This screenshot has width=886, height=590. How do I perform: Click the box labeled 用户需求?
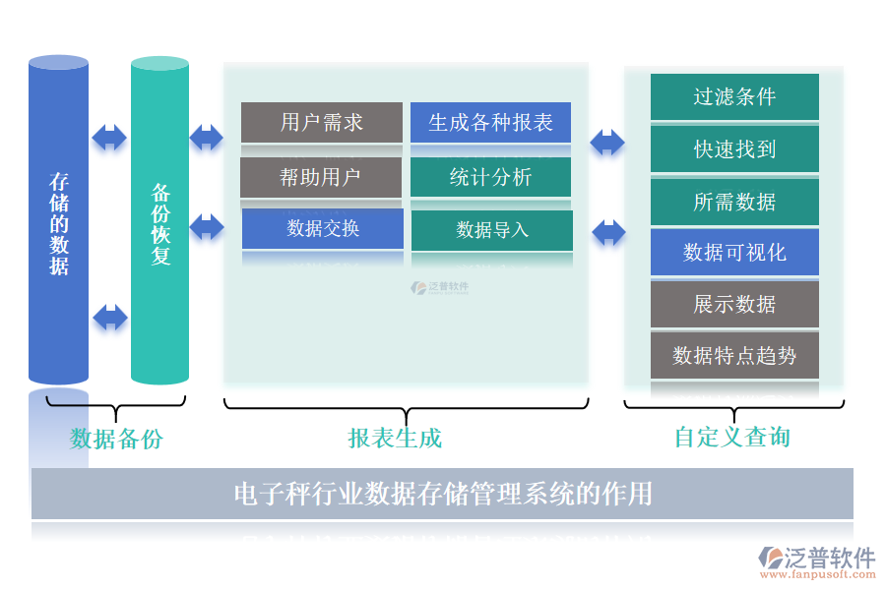(x=321, y=122)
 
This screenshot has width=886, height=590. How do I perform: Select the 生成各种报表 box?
(x=490, y=122)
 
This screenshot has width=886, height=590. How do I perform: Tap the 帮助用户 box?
(x=321, y=177)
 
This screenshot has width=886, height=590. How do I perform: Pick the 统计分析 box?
(x=490, y=177)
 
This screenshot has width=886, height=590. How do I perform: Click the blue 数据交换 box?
(x=322, y=228)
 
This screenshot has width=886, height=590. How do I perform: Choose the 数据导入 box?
(x=491, y=230)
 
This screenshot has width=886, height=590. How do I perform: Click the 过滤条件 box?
(x=734, y=96)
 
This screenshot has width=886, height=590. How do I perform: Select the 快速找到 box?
(x=734, y=149)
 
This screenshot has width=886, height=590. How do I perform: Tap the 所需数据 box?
(x=734, y=202)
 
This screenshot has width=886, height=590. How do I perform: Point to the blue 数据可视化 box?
(x=734, y=253)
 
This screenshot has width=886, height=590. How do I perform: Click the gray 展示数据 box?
(x=734, y=304)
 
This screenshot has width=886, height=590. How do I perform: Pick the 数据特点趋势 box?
(x=734, y=355)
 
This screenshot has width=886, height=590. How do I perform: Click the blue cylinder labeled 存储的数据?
(x=59, y=221)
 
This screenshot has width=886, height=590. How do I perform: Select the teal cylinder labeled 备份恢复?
(x=159, y=221)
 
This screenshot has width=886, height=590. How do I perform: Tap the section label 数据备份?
(x=116, y=439)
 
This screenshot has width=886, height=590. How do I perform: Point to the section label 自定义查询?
(x=731, y=437)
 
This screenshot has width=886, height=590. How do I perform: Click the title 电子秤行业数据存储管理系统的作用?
(x=442, y=493)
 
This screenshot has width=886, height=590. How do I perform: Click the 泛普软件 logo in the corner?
(x=816, y=561)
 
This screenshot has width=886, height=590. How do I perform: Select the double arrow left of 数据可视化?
(x=608, y=233)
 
